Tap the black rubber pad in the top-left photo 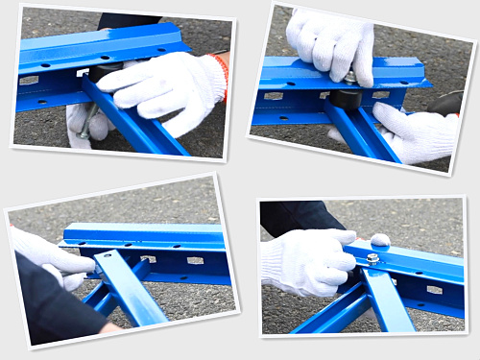104,73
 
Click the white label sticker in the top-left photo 30,81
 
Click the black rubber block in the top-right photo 345,97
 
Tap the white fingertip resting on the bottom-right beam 380,239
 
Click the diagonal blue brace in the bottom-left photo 130,287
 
